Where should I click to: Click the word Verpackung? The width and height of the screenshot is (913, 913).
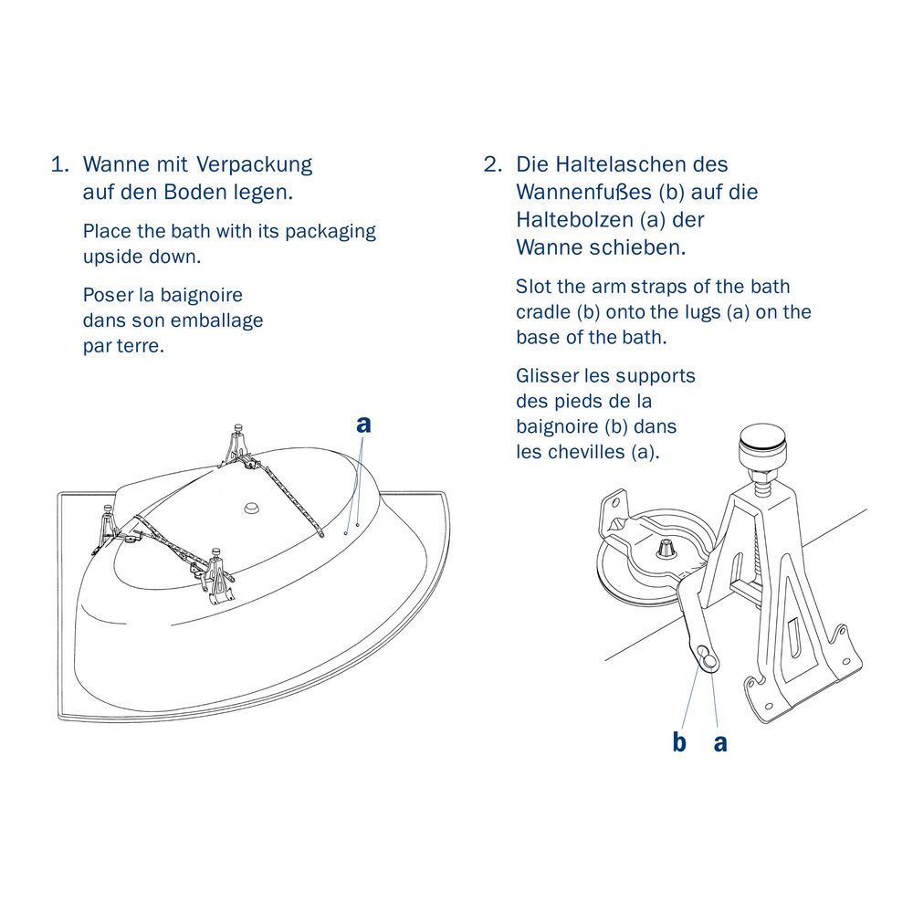(x=253, y=166)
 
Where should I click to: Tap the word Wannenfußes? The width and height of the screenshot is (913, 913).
(x=583, y=193)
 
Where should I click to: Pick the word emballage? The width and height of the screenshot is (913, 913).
(x=215, y=321)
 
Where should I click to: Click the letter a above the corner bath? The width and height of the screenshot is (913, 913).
(x=363, y=424)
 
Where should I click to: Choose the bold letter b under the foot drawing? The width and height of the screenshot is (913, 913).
(x=679, y=742)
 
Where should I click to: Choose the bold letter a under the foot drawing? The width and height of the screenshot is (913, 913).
(x=720, y=742)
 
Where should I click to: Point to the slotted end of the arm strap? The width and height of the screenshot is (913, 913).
(x=707, y=655)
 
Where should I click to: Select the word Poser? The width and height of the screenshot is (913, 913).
(x=108, y=295)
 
